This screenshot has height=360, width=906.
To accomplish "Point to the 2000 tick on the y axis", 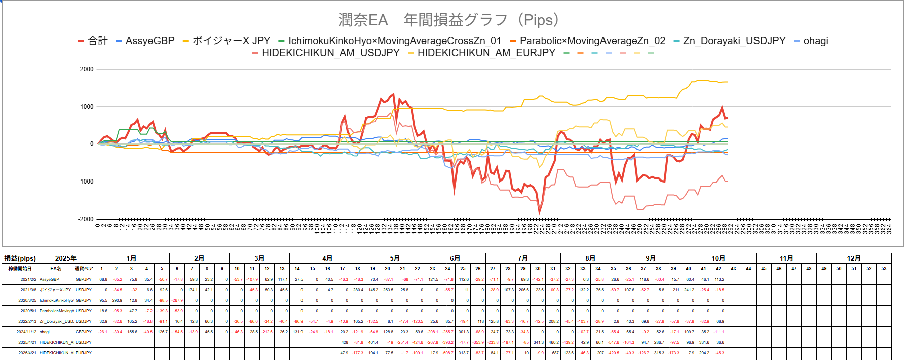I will click(x=87, y=69).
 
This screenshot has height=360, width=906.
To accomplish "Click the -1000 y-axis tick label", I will click(x=86, y=182).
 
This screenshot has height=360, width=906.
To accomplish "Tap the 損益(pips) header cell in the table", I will click(x=20, y=258).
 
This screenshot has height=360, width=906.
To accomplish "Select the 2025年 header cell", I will click(x=66, y=258).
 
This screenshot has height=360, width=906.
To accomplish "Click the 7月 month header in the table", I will click(x=523, y=258).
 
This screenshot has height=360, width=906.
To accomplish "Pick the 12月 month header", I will click(x=854, y=258).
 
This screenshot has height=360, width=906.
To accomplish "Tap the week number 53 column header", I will click(x=884, y=269).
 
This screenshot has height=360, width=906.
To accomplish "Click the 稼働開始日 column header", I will click(x=20, y=269).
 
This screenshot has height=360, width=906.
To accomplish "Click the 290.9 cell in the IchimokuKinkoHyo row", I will click(x=117, y=300).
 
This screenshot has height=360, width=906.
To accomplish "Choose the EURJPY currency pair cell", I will click(x=84, y=353).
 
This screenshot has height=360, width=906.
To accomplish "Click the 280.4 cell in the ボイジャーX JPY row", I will click(x=358, y=290).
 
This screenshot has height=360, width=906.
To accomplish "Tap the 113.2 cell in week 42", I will click(x=719, y=279).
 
